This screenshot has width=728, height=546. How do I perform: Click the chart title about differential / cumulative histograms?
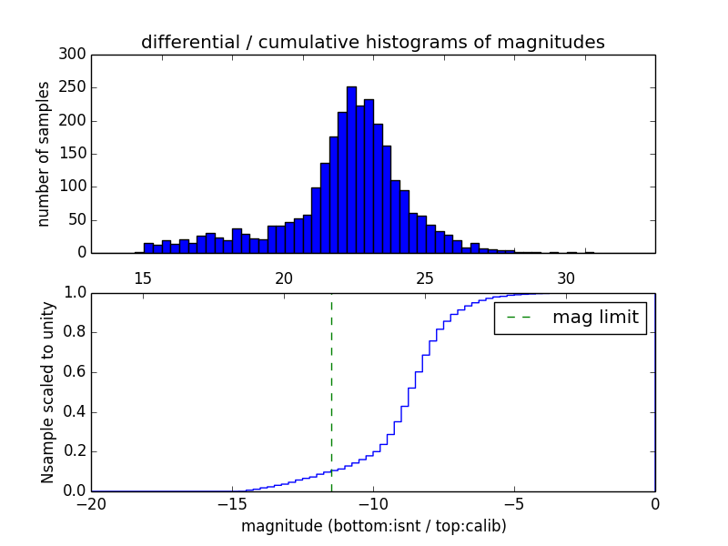[372, 42]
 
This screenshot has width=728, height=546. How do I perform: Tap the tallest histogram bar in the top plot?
[351, 173]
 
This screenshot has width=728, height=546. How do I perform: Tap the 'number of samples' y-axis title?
[43, 154]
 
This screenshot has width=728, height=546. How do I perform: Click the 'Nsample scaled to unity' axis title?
[47, 392]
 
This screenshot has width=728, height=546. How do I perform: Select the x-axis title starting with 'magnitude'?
[373, 526]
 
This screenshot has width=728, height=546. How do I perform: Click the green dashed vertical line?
[331, 391]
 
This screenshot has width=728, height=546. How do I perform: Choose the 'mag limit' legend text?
[595, 318]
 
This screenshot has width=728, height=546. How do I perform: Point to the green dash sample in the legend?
[517, 318]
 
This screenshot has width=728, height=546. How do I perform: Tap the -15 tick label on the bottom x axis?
[232, 504]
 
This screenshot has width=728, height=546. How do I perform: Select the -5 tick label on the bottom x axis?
[514, 504]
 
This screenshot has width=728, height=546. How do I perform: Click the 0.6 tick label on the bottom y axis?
[74, 372]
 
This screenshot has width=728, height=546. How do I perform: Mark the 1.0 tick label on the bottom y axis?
[74, 293]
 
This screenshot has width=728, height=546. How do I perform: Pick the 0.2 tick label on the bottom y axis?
[74, 451]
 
